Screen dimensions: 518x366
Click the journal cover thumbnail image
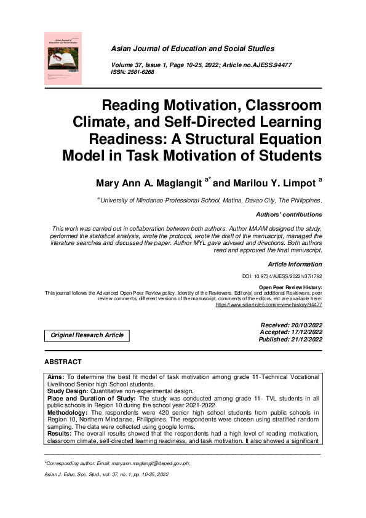(63, 58)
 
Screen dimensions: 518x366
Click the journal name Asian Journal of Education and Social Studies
(192, 49)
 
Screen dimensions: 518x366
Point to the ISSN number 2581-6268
(141, 72)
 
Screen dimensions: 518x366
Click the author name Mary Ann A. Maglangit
(148, 183)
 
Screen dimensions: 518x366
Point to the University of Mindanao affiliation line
(210, 201)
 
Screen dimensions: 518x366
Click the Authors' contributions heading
(288, 215)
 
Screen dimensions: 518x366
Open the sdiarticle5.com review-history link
(268, 305)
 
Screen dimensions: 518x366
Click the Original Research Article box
(87, 335)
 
